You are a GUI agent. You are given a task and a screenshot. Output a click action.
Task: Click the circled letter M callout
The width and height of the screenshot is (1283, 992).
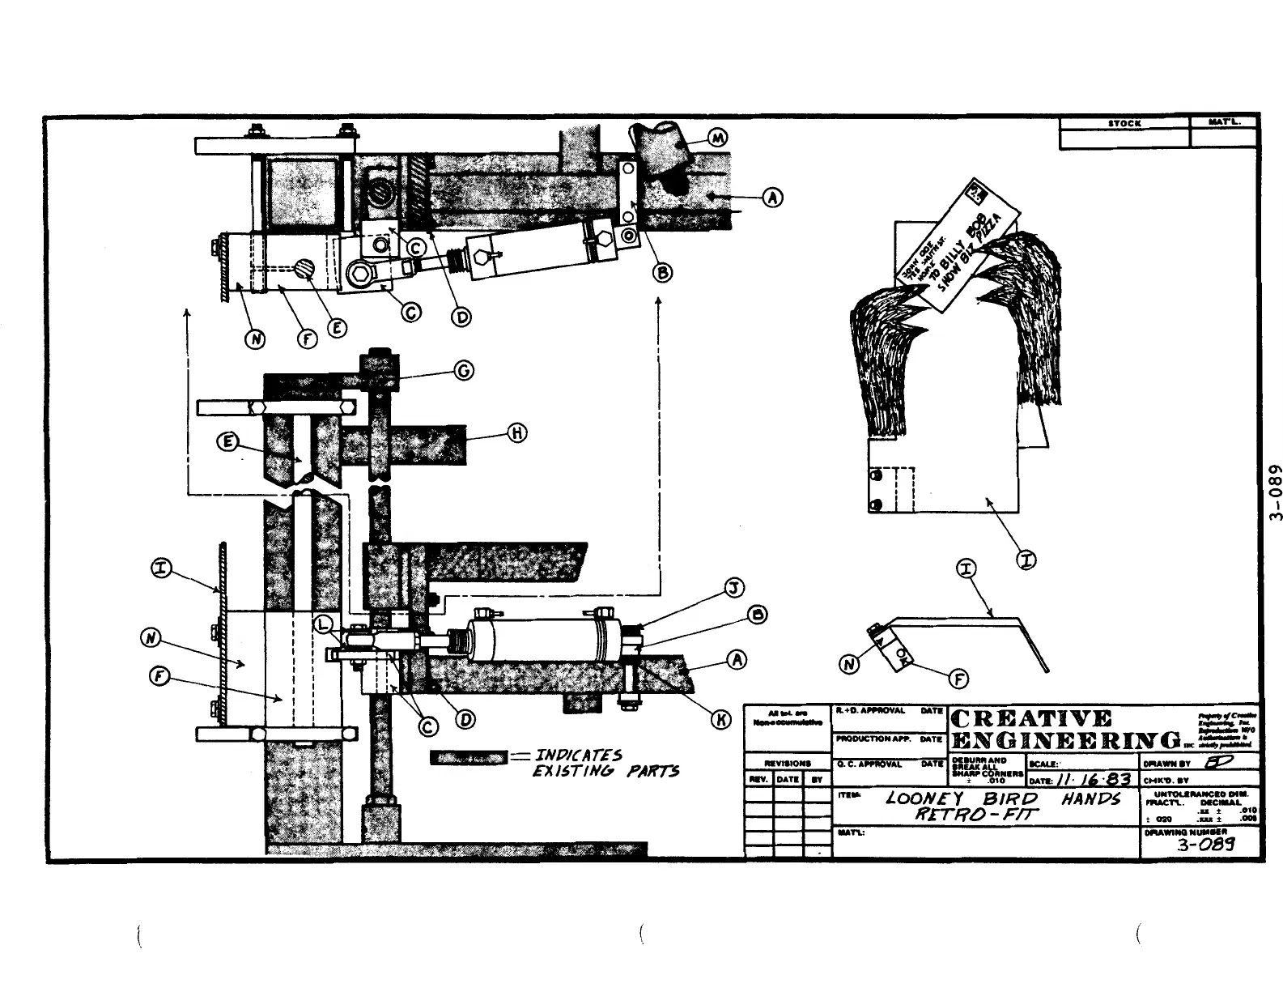coord(717,138)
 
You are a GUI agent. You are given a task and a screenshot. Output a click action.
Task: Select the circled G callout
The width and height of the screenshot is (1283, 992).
coord(464,371)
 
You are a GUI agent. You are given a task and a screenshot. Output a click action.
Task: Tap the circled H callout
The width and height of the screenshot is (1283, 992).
coord(517,433)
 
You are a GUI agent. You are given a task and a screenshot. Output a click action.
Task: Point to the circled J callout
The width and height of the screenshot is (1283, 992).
coord(733,588)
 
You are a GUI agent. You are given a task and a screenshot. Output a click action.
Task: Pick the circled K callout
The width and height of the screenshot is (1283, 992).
coord(720,719)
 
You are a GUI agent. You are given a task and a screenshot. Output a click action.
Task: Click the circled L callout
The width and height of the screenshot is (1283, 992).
coord(323,624)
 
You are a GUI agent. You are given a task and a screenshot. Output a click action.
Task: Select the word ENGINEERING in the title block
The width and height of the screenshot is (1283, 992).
coord(1065,741)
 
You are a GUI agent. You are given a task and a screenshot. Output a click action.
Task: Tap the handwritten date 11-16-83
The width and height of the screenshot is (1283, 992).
coord(1094,779)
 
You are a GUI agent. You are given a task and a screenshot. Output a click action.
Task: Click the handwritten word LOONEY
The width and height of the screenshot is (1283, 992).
coord(923,798)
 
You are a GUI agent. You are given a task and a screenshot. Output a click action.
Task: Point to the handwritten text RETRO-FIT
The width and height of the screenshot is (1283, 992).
coord(976,814)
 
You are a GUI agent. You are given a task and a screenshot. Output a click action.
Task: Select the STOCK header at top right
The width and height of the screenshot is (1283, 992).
coord(1124,124)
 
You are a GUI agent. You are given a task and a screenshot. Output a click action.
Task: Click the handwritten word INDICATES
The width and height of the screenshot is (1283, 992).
coord(580,756)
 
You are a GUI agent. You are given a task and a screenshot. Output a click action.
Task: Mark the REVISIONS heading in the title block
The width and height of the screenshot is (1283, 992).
coord(788,763)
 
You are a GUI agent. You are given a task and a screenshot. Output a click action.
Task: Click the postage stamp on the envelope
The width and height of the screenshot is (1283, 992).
coord(979,192)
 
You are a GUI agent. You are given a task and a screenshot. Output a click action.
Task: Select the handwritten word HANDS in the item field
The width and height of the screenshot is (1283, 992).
coord(1090,799)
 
